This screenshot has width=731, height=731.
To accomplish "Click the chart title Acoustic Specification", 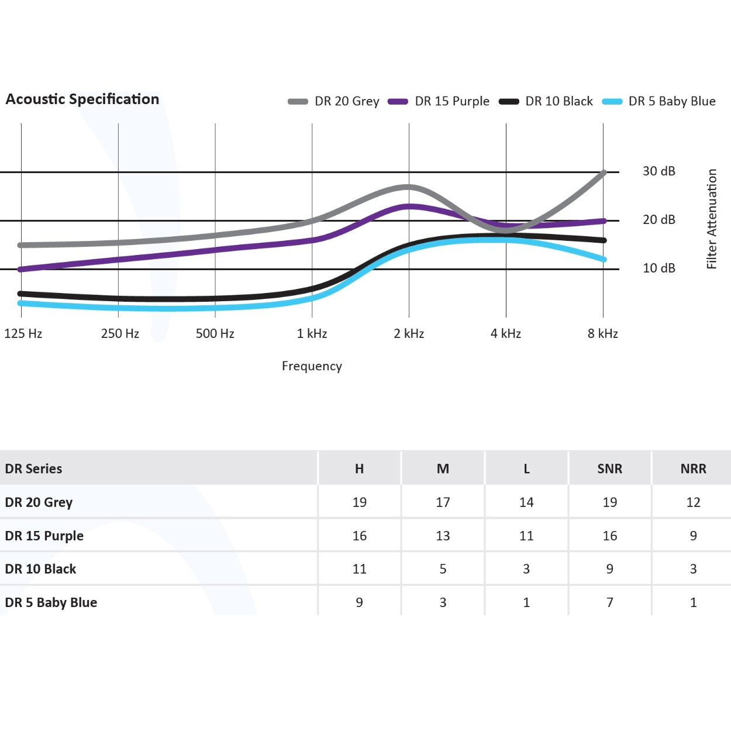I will tap(82, 99).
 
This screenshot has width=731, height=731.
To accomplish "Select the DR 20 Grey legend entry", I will tap(334, 101).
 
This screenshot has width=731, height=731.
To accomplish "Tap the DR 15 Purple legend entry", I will tap(439, 101).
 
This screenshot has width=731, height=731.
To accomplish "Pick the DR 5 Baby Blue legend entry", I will tap(660, 101).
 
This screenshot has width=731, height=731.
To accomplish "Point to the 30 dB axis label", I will tap(658, 171).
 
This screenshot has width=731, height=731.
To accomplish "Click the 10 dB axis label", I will tap(658, 268).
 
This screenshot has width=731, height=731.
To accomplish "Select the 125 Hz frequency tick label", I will tap(23, 333).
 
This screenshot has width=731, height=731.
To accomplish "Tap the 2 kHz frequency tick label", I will tap(409, 333).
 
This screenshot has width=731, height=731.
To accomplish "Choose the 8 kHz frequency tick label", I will tap(602, 333).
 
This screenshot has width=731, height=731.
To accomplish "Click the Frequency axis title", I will tap(312, 366).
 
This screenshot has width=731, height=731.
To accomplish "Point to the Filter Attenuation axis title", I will tap(711, 219).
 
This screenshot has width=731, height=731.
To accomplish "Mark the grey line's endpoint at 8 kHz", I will tap(604, 173).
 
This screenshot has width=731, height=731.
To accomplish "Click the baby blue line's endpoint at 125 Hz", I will tap(21, 303).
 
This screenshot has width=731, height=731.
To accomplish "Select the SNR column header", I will tap(609, 468).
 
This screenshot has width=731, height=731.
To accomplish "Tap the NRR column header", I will tap(693, 468).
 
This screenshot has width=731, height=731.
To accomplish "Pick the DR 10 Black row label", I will tap(40, 569).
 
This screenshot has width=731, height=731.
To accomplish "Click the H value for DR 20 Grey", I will tap(359, 502).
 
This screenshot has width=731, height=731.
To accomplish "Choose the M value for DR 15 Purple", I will tap(443, 536).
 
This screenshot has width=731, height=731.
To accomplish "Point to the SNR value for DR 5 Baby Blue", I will tap(609, 602).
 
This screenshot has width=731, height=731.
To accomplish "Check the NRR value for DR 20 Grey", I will tap(693, 502).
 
